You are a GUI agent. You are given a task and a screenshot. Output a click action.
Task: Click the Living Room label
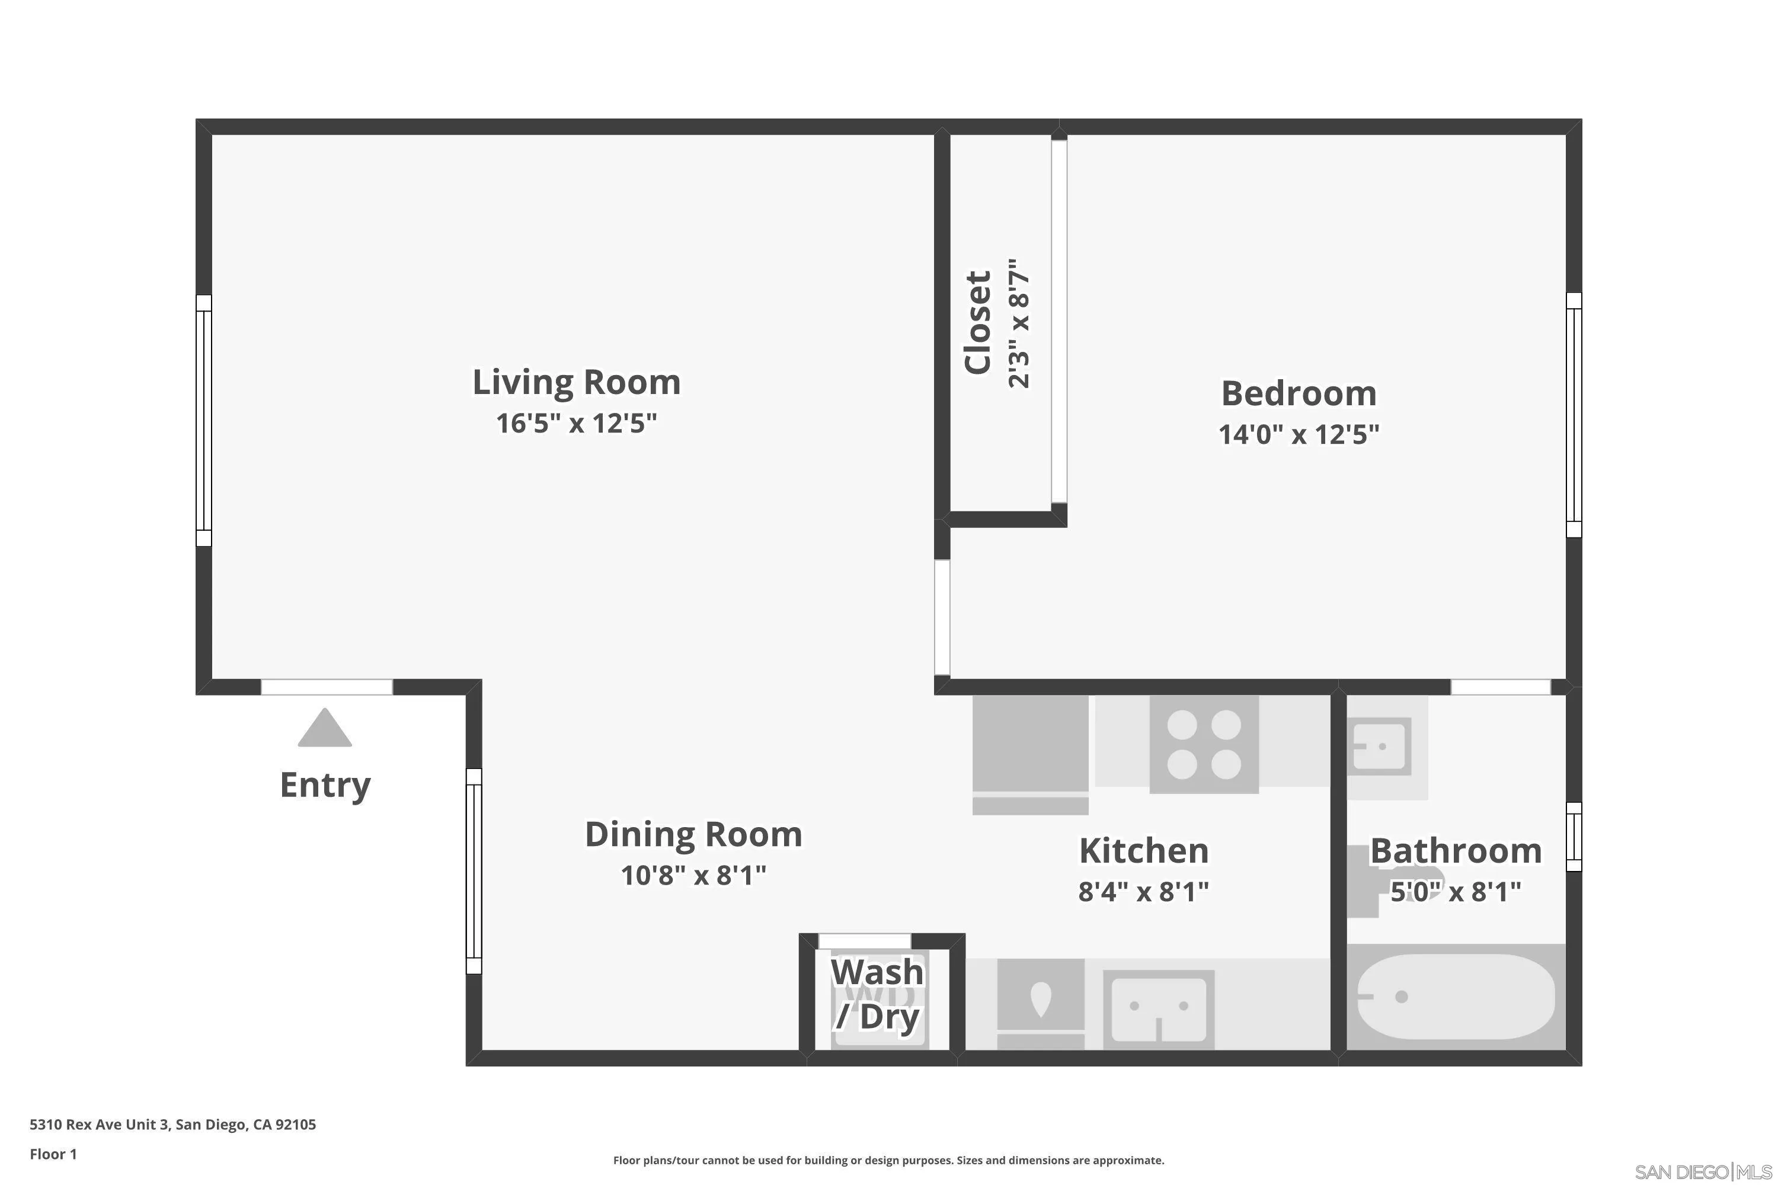click(576, 382)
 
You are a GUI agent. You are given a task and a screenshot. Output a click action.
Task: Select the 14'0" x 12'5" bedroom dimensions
click(1299, 434)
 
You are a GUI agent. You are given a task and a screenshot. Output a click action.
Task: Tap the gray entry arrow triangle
click(324, 728)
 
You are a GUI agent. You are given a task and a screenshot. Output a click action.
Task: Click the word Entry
click(325, 785)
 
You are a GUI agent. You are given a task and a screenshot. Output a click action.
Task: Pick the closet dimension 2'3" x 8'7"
click(1019, 323)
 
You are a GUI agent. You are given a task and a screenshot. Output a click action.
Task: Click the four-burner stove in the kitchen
click(1204, 744)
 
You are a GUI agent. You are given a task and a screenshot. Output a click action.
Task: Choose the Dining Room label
click(693, 834)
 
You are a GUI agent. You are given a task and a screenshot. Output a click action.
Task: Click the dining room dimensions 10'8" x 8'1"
click(693, 875)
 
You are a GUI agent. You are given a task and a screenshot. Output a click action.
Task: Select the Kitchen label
click(1144, 851)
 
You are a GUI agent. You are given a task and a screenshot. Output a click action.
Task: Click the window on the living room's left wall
click(203, 420)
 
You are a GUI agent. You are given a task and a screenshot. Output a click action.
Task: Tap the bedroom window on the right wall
click(1573, 415)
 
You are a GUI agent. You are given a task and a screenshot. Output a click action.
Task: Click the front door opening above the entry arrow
click(327, 687)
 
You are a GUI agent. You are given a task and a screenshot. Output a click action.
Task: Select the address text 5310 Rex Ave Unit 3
click(99, 1125)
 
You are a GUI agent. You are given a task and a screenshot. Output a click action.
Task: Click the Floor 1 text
click(53, 1154)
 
